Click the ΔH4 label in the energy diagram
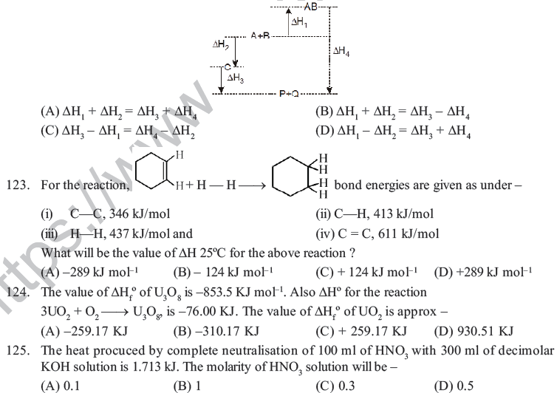pos(341,52)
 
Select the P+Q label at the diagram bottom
pos(289,95)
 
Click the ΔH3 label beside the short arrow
pos(236,78)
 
